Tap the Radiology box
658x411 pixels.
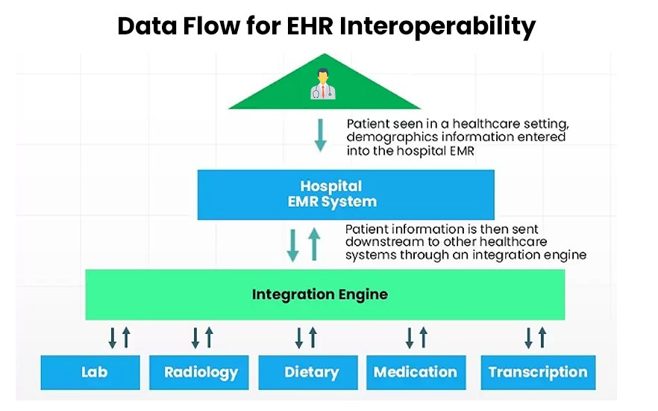(x=201, y=371)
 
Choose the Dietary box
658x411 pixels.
(x=311, y=371)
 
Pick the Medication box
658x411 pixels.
(x=416, y=371)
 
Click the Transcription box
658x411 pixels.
(x=537, y=371)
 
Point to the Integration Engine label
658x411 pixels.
(x=319, y=294)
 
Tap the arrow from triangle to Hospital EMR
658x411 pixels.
(x=320, y=135)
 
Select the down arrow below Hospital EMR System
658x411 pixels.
(x=294, y=244)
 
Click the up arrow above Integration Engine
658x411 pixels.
(x=313, y=244)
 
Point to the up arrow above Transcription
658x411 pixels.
(x=543, y=338)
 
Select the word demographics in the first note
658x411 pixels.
(x=386, y=137)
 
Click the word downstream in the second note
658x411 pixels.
(x=383, y=241)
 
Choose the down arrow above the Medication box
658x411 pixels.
(x=410, y=338)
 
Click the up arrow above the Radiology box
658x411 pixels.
(x=209, y=338)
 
